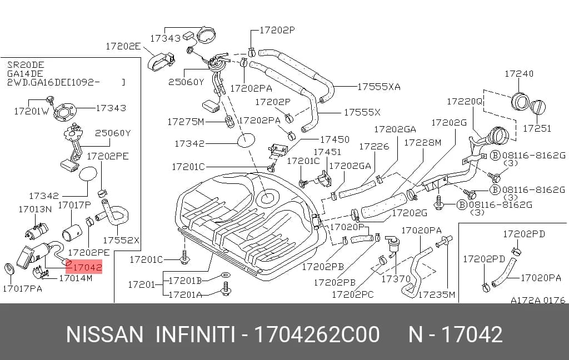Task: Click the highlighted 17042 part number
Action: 87,267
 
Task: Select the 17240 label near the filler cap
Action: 519,74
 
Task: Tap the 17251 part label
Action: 537,128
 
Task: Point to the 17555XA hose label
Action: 379,87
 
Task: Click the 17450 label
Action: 335,139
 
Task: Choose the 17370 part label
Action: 396,279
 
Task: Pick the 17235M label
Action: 437,294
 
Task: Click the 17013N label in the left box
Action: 35,209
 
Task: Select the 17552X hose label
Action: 121,240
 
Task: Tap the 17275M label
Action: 186,122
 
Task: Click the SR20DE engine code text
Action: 26,65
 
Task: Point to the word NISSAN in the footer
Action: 104,334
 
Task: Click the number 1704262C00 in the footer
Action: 317,334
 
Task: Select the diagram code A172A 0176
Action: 538,300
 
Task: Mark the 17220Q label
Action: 465,101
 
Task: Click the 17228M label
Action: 422,143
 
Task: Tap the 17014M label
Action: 76,278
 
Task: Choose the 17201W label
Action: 31,112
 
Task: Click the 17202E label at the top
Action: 123,47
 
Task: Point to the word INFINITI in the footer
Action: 195,334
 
